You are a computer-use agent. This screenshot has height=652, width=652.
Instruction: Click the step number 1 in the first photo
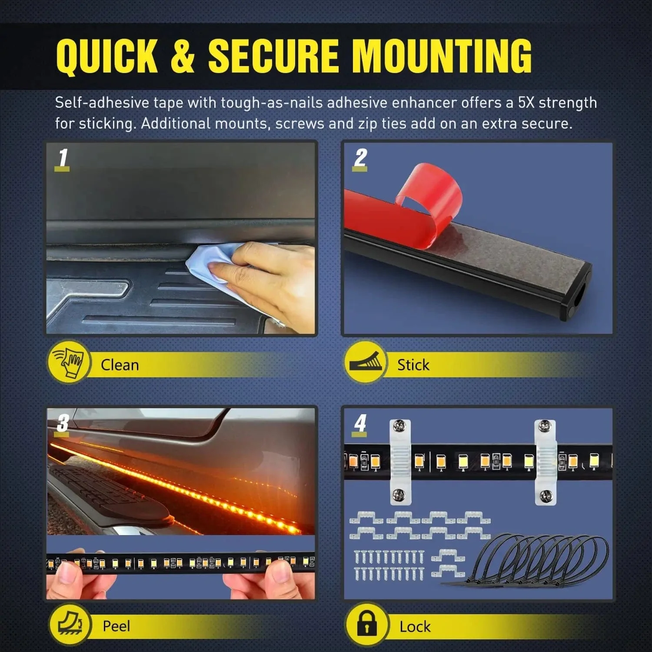[63, 158]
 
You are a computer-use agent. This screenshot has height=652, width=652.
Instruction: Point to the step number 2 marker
[360, 158]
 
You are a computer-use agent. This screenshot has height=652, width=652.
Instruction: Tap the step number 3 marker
[63, 423]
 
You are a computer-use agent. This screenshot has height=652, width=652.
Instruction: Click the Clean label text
[120, 365]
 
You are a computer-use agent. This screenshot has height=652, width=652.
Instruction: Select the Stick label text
[413, 365]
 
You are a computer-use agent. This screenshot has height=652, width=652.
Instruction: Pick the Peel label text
[116, 626]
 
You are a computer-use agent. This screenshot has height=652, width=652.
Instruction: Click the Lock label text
[415, 626]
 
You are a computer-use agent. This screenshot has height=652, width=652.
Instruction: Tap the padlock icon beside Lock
[366, 624]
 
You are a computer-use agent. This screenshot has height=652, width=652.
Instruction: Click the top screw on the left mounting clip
[399, 426]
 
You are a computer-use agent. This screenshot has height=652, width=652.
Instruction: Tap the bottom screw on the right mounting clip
[545, 495]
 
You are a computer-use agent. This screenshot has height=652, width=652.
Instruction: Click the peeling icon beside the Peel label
[69, 624]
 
